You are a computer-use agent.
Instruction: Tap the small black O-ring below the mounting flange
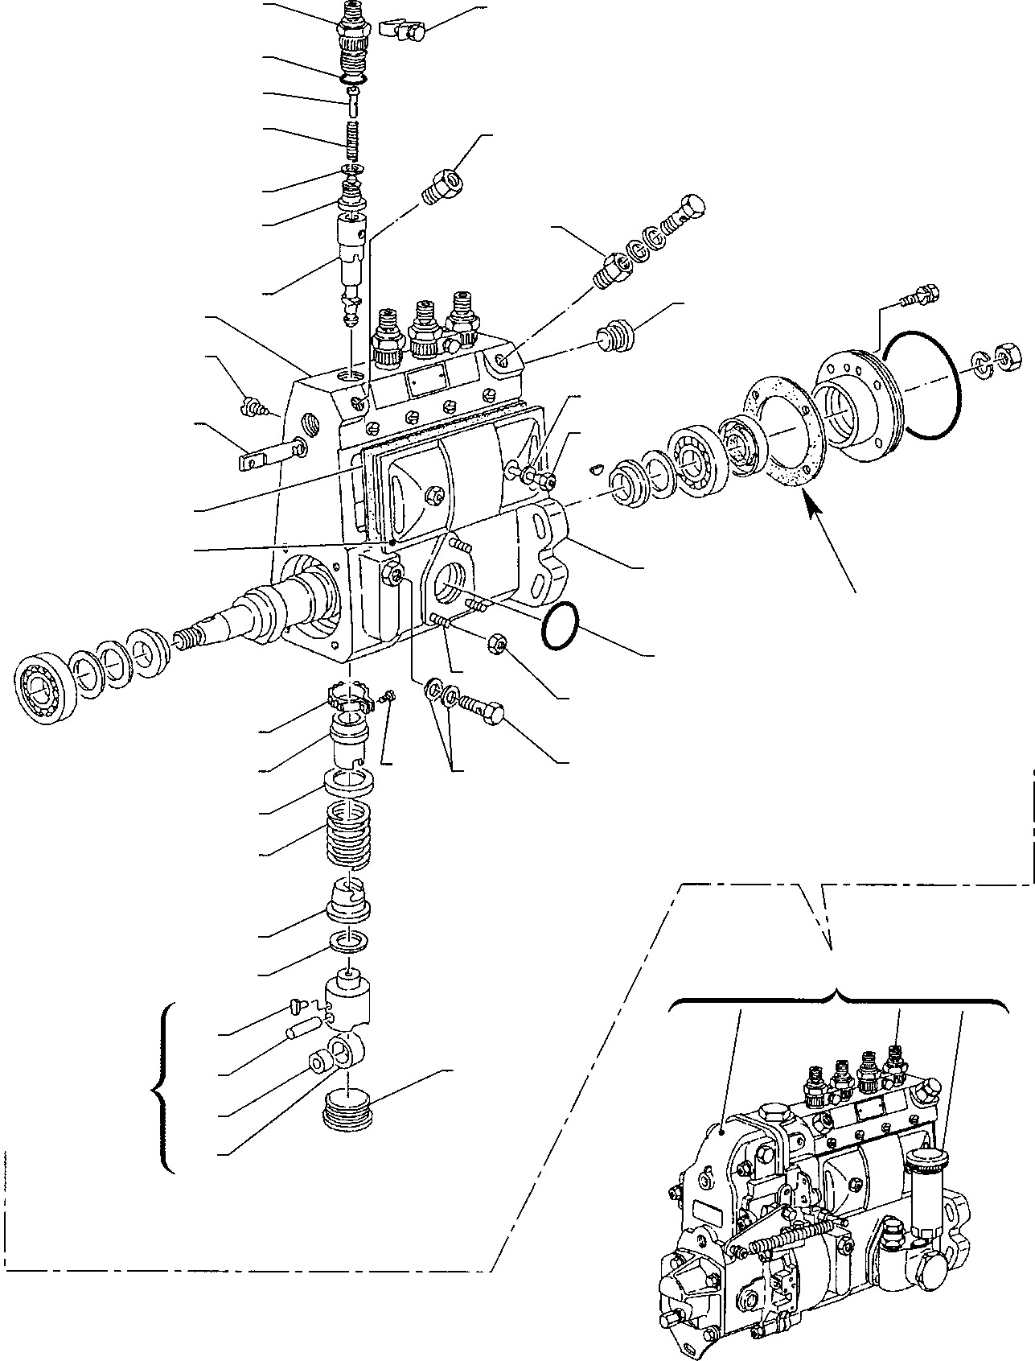point(561,625)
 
